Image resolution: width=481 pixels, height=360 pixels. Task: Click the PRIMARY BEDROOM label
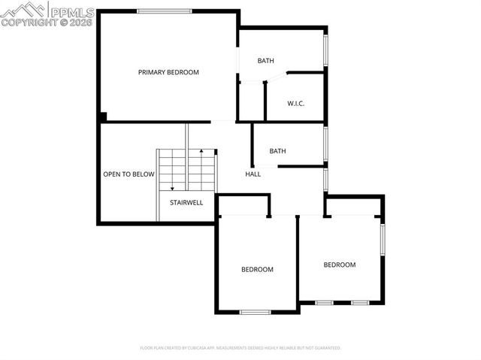point(168,72)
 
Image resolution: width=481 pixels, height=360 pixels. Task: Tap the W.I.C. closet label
point(295,103)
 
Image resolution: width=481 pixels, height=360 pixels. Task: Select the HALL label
point(253,174)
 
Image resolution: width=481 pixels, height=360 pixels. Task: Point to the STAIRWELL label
point(186,202)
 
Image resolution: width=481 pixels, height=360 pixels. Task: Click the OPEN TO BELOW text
point(129,174)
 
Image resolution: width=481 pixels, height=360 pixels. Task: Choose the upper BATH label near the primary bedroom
point(266,60)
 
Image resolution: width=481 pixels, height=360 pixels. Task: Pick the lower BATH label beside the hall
point(277,151)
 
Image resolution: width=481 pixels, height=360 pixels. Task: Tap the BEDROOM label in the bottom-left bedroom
point(257,269)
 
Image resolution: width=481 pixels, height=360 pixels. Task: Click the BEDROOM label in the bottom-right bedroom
point(340,265)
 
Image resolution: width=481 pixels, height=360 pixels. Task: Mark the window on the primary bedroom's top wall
point(163,11)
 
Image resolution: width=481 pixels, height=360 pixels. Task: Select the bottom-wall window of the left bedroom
point(255,312)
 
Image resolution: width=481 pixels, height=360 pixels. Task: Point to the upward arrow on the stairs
point(201,155)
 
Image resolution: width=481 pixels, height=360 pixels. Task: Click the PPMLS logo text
point(74,11)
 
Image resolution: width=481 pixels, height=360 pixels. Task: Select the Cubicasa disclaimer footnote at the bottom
point(240,348)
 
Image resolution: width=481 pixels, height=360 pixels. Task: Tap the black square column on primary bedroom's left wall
point(103,116)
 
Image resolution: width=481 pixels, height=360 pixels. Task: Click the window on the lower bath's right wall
point(326,144)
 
